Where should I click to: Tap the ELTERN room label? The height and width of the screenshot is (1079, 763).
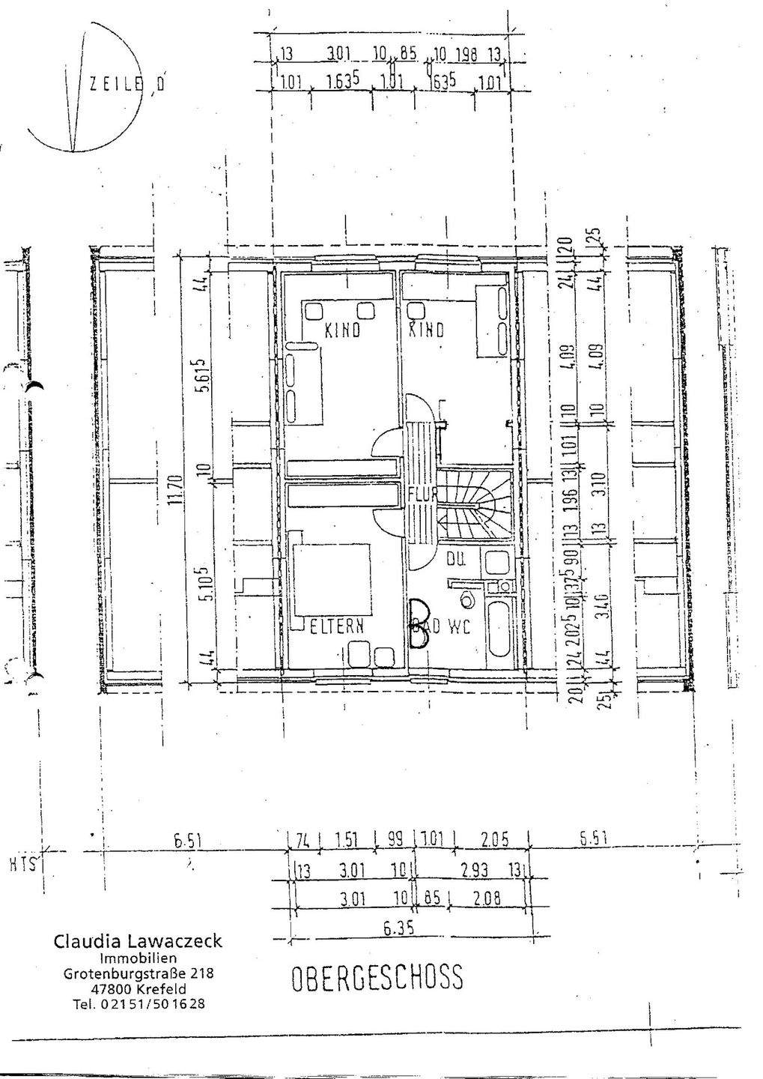click(337, 626)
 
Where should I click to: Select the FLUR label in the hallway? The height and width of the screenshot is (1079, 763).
click(423, 494)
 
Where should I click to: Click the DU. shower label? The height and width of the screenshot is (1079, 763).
click(457, 558)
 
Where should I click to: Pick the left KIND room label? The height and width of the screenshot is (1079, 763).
click(342, 330)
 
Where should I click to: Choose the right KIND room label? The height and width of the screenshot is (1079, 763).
click(425, 330)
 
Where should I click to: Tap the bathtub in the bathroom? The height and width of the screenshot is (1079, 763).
click(497, 627)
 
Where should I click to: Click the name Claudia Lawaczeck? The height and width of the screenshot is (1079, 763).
click(138, 942)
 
